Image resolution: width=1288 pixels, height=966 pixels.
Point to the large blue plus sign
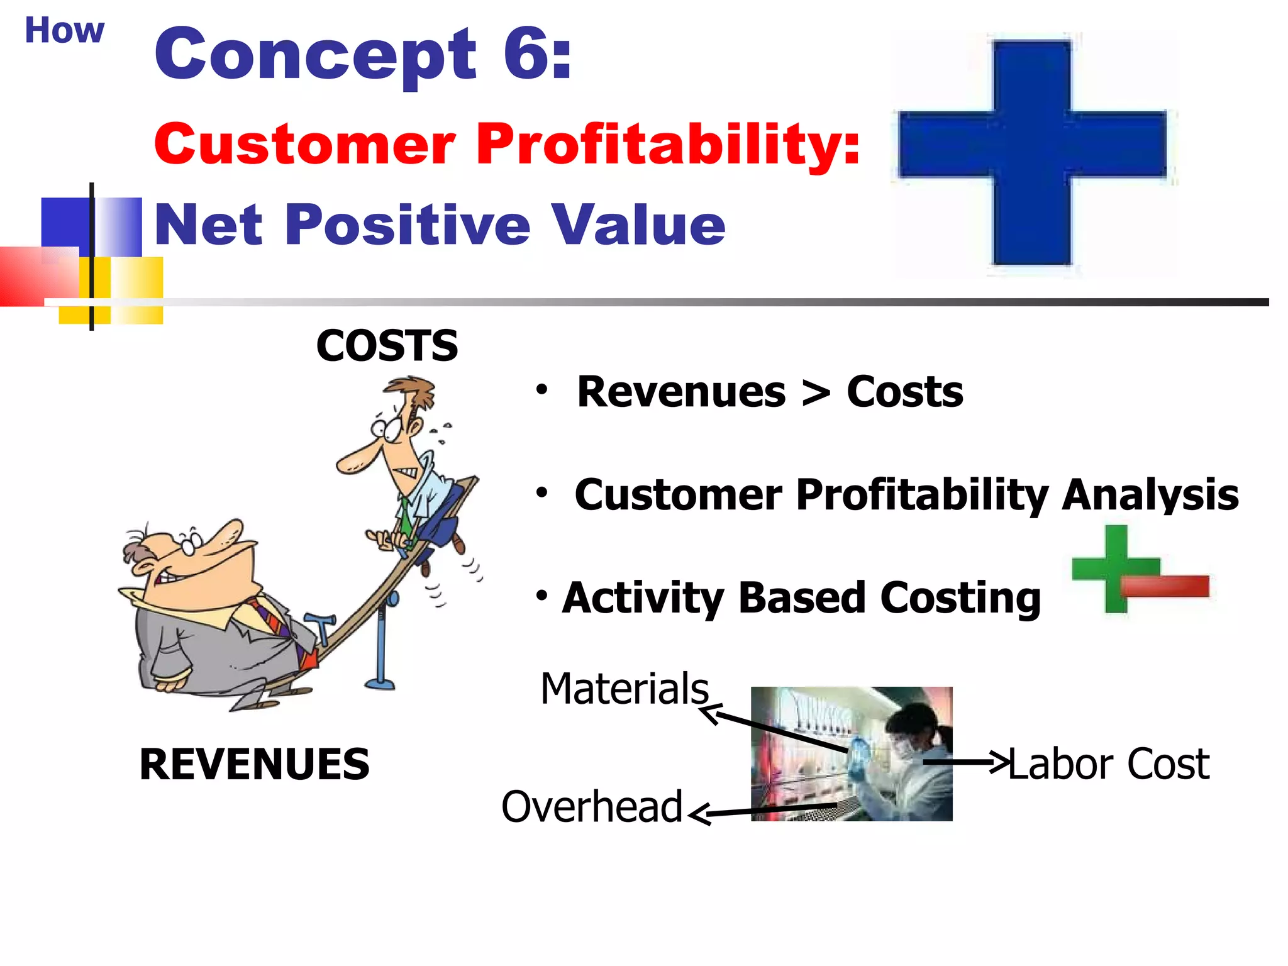1032,152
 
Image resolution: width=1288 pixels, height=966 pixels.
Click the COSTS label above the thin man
387,345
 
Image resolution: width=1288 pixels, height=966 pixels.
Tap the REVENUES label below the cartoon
254,764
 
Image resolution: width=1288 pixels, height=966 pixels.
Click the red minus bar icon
1165,586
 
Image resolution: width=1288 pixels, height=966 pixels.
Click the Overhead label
591,806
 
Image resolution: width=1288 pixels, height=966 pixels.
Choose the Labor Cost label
1109,764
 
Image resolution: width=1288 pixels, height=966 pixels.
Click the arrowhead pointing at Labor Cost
999,762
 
